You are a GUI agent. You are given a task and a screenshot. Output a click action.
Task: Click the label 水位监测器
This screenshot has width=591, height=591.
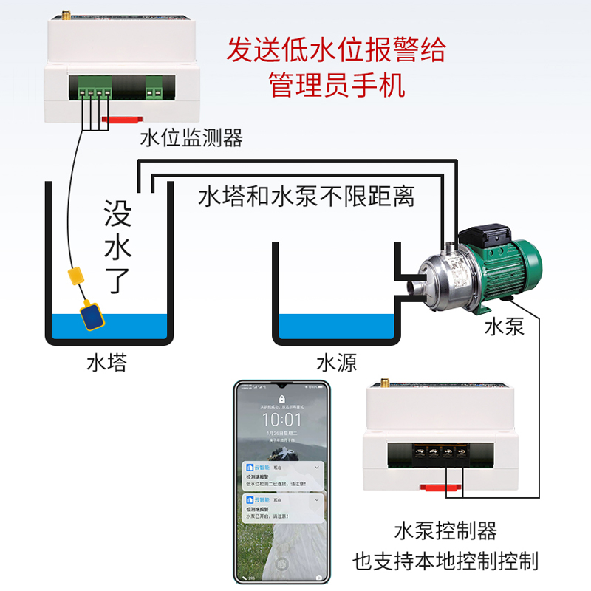point(191,137)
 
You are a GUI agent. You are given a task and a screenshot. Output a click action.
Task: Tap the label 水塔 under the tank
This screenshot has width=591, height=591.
point(106,363)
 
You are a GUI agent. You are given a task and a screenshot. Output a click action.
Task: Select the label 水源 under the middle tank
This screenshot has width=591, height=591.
point(337,363)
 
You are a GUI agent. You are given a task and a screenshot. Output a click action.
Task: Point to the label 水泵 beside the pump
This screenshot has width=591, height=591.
point(505,327)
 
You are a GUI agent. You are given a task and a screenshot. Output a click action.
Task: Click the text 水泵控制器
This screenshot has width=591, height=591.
point(445,530)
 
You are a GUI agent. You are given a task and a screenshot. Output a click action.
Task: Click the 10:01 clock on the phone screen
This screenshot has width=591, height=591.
point(281,419)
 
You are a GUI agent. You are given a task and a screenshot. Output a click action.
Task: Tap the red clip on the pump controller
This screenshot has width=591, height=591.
point(441,487)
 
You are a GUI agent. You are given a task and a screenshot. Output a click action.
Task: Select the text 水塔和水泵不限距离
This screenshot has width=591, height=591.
point(307,197)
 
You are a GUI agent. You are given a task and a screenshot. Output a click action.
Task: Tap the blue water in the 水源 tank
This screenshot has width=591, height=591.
point(337,325)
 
